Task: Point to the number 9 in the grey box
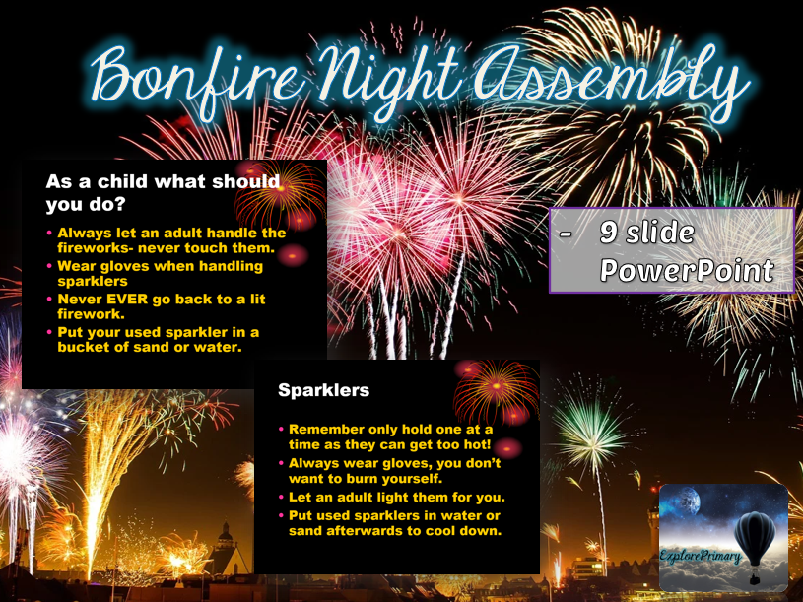click(x=610, y=234)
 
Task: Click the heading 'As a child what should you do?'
click(x=163, y=193)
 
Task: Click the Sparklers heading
click(x=323, y=391)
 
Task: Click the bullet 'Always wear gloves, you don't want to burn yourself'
click(x=394, y=470)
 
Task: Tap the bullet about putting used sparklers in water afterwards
click(x=394, y=523)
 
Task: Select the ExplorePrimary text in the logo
click(x=702, y=558)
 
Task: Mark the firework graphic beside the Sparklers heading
click(x=497, y=390)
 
